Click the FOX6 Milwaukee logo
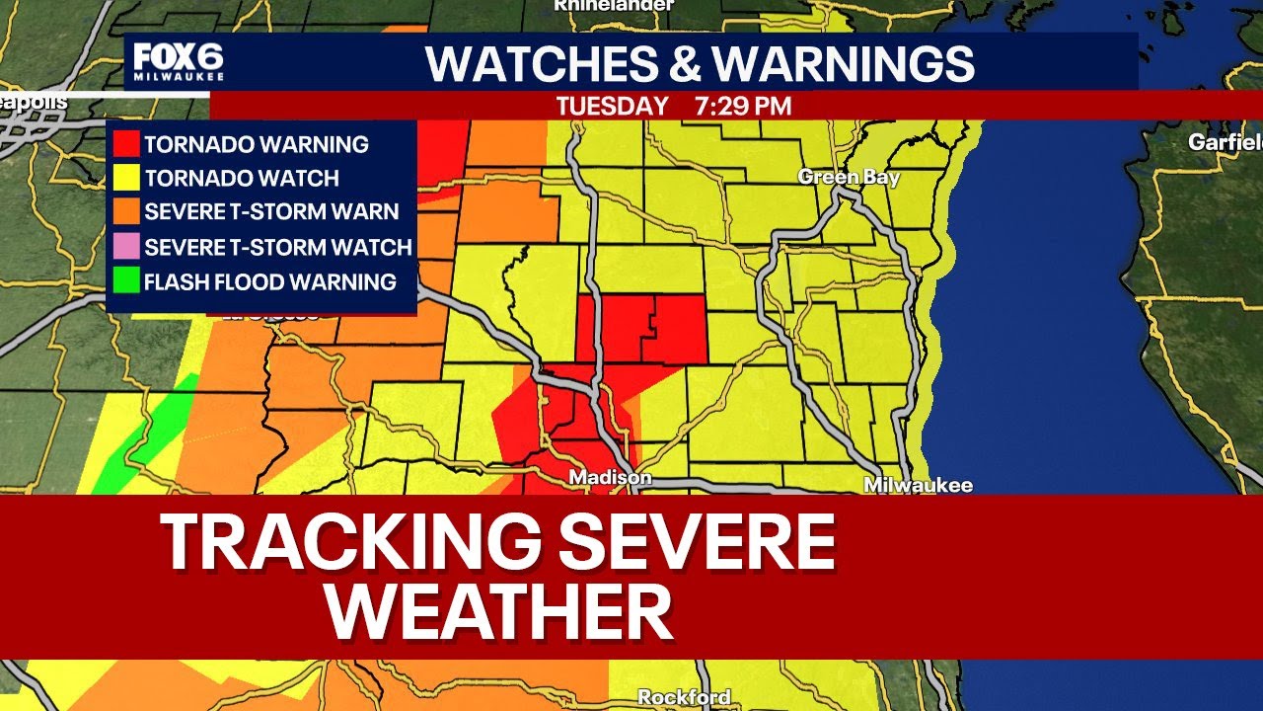tap(179, 63)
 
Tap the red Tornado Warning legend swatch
tap(126, 144)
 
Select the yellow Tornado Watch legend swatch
tap(126, 179)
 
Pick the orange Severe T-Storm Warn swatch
tap(126, 212)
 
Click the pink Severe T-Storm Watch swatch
tap(126, 247)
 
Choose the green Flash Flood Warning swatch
tap(126, 281)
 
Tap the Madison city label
tap(610, 478)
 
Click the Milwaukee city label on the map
tap(918, 485)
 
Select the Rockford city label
tap(684, 697)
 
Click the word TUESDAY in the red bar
tap(612, 106)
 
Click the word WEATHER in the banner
tap(499, 612)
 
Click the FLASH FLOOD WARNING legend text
tap(269, 281)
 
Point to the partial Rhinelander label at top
tap(613, 5)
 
